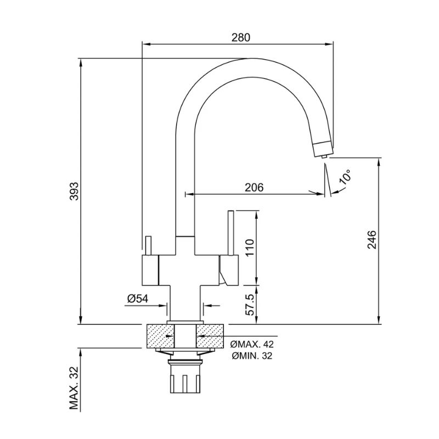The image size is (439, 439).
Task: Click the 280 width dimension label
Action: coord(241,38)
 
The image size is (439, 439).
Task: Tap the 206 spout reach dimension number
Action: coord(254,187)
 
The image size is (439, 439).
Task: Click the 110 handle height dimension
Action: coord(250,248)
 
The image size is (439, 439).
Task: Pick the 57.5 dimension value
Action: coord(250,303)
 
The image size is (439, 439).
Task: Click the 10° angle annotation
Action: coord(345,177)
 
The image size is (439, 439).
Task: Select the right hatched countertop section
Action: coord(212,336)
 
